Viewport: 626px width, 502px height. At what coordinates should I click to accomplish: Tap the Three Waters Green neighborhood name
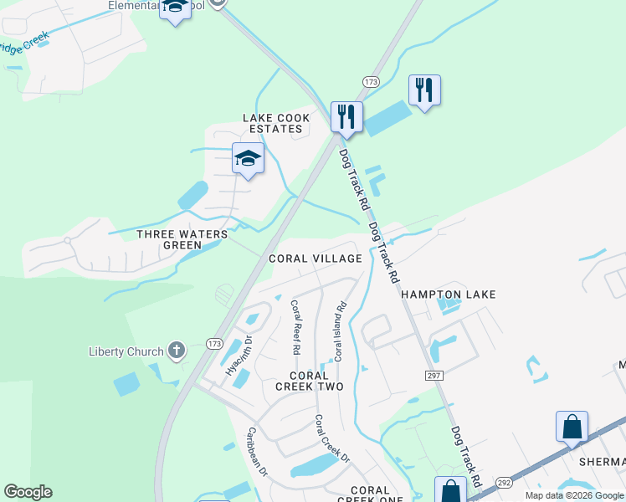pos(182,239)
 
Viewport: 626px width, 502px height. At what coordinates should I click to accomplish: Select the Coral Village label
pos(315,259)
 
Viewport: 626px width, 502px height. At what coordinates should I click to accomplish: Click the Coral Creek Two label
pos(310,381)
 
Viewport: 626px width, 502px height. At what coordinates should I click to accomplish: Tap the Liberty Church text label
pos(126,351)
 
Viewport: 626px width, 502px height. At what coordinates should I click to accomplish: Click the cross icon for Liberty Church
pos(176,351)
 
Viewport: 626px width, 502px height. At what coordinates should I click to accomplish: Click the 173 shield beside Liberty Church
pos(214,344)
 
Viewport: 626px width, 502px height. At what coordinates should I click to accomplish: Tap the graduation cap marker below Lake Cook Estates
pos(248,158)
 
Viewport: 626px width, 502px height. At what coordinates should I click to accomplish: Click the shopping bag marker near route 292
pos(450,490)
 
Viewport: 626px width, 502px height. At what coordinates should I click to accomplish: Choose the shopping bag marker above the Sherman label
pos(572,427)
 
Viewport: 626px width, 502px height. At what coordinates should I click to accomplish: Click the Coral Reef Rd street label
pos(295,327)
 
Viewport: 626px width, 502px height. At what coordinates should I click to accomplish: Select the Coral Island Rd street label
pos(340,332)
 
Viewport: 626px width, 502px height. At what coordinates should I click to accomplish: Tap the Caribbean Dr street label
pos(256,452)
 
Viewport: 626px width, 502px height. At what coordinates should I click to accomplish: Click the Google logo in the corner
pos(28,492)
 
